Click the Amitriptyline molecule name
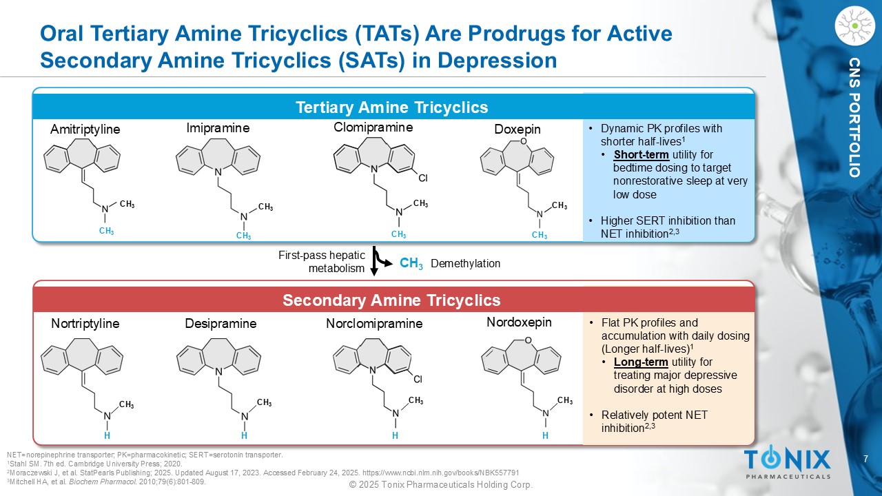tap(85, 130)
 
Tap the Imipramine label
tap(218, 128)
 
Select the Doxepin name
tap(517, 130)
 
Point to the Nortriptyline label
tap(85, 324)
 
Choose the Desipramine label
tap(221, 324)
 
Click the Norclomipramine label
tap(374, 324)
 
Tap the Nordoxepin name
tap(519, 322)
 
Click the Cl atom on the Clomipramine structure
tap(423, 178)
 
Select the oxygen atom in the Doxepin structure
tap(523, 141)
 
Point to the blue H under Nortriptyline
tap(107, 435)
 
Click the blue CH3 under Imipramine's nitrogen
tap(243, 236)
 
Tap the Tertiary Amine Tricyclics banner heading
tap(392, 107)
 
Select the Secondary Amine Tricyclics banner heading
tap(391, 300)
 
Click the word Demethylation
tap(465, 263)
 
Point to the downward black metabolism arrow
tap(374, 261)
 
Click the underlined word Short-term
tap(642, 155)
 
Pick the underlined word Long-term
tap(641, 362)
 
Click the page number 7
tap(866, 459)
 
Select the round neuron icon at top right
tap(854, 26)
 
